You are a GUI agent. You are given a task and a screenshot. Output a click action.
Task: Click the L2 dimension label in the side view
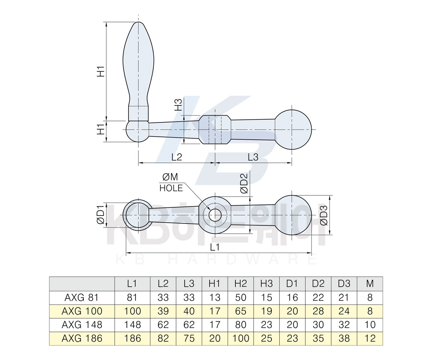click(x=177, y=157)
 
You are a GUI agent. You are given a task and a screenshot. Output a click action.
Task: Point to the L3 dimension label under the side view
click(x=253, y=157)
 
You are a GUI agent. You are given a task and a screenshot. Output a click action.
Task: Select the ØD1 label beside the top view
click(x=101, y=215)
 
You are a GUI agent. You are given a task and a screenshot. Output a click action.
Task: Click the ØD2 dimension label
click(x=244, y=183)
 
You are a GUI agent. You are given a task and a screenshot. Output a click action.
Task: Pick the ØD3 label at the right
click(x=324, y=215)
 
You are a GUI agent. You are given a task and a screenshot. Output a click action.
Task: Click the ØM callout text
click(x=170, y=177)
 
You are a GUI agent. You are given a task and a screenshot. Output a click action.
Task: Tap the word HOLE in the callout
click(x=171, y=188)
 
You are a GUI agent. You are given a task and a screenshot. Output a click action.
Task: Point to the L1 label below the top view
click(x=215, y=247)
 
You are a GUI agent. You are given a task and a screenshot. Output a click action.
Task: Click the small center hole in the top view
click(x=215, y=215)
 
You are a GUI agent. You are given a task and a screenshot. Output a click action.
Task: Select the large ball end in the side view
click(x=293, y=130)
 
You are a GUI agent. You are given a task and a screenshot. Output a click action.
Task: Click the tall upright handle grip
click(x=139, y=68)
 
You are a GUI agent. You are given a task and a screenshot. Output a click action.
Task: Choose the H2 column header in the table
click(x=240, y=284)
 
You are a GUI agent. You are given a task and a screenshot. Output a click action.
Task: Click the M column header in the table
click(x=370, y=284)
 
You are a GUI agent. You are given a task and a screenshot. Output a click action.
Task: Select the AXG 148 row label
click(x=82, y=325)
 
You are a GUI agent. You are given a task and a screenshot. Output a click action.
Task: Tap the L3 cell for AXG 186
click(x=189, y=338)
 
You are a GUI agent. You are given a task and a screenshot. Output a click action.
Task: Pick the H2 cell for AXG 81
click(x=240, y=297)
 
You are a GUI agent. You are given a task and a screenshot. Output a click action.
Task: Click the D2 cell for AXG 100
click(x=318, y=311)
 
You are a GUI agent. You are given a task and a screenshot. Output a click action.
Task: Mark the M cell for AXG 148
click(x=370, y=325)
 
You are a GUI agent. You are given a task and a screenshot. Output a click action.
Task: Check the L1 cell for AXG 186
click(x=132, y=338)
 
